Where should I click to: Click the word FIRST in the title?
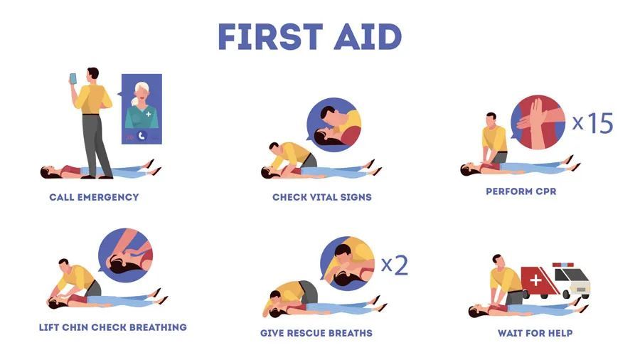click(270, 37)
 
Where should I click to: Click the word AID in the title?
click(368, 37)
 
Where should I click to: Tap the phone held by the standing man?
click(73, 79)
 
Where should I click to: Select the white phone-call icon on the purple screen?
click(142, 136)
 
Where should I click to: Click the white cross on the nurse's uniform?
click(149, 114)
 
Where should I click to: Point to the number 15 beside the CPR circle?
click(600, 123)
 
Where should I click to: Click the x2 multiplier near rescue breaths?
click(394, 265)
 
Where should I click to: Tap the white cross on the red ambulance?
click(535, 280)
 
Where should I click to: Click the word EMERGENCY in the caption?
click(108, 197)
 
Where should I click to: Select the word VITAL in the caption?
click(324, 197)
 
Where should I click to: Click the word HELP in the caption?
click(560, 333)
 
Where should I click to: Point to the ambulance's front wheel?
click(566, 294)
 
